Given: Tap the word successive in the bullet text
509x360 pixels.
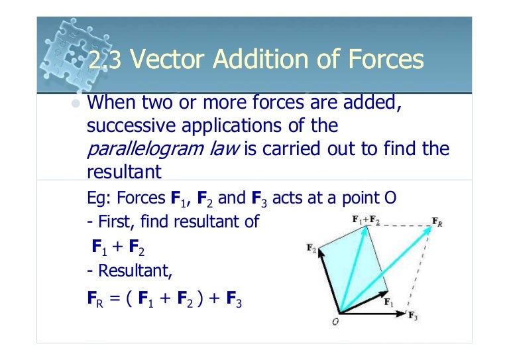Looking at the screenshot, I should coord(126,125).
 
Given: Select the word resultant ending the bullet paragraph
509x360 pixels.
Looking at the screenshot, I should coord(125,172).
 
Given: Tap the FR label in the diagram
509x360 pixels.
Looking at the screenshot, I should coord(438,221).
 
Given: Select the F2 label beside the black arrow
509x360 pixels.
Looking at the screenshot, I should coord(311,249).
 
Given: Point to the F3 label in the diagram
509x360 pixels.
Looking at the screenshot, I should coord(412,315).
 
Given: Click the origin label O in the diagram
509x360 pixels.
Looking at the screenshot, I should coord(335,323).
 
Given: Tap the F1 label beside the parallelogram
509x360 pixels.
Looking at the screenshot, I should coord(389,302).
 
